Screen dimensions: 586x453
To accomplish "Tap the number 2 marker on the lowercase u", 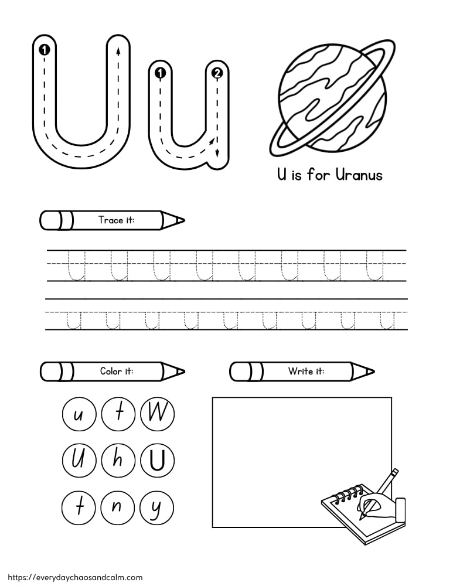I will [x=217, y=73].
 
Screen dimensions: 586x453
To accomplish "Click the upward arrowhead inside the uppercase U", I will [x=119, y=50].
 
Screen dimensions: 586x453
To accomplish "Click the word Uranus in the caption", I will [x=359, y=175].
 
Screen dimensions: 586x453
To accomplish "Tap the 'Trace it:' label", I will [x=116, y=220].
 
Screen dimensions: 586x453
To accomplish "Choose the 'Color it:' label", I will [x=115, y=371].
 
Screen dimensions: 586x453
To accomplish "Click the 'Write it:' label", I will [x=306, y=371].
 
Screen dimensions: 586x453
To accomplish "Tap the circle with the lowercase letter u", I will [x=78, y=414].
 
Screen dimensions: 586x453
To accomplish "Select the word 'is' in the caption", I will [x=297, y=175].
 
